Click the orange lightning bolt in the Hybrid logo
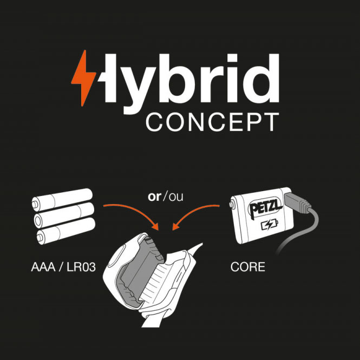pos(83,78)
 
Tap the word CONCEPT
pos(212,122)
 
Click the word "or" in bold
pos(154,197)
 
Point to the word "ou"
pos(176,197)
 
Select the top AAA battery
pos(62,200)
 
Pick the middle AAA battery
pos(64,215)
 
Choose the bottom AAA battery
pos(66,231)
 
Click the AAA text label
pos(43,267)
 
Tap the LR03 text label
pos(81,267)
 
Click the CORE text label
pos(248,267)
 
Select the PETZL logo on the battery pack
pos(265,208)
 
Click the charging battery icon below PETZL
pos(270,225)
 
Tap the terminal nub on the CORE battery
pos(232,204)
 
